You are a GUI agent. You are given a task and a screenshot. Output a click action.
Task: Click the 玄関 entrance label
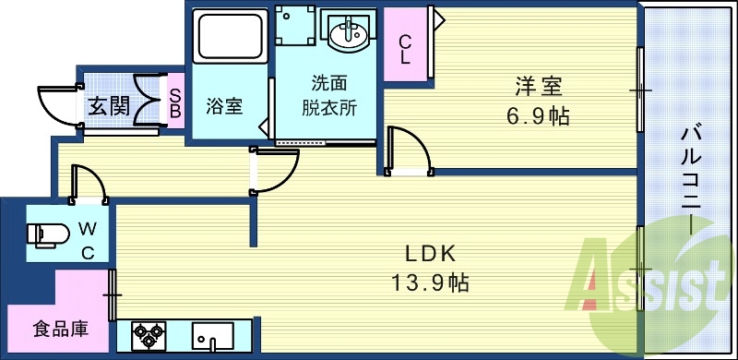109,105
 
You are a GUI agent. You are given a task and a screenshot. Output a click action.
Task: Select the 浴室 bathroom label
224,106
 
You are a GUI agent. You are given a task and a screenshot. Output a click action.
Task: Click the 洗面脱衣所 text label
329,94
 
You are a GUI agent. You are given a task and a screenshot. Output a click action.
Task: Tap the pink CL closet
405,49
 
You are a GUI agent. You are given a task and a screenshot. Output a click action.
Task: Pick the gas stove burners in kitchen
147,335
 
